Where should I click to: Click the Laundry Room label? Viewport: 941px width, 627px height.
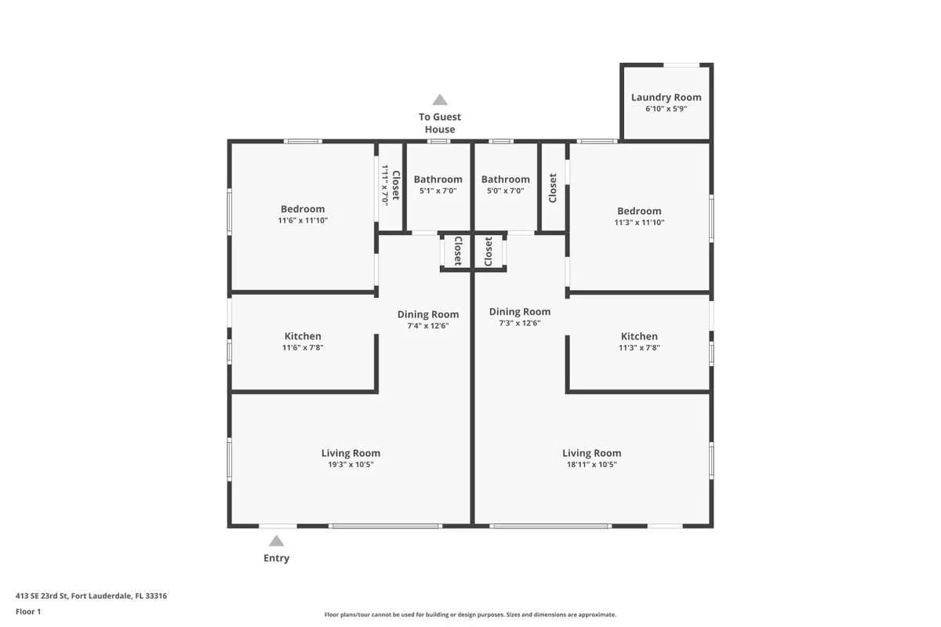coord(666,97)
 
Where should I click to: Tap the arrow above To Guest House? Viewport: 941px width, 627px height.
coord(440,100)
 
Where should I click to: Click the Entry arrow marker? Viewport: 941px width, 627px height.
coord(276,541)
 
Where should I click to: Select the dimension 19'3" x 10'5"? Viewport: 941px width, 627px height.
coord(351,464)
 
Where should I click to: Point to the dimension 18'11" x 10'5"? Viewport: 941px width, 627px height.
coord(591,464)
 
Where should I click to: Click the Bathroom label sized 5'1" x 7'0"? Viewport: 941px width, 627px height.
coord(438,179)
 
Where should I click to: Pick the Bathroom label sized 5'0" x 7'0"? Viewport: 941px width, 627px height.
coord(505,179)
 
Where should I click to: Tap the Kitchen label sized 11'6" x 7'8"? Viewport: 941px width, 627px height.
coord(303,336)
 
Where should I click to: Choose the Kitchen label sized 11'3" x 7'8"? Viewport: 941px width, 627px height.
coord(639,336)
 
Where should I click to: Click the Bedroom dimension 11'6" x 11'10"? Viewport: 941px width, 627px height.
coord(303,220)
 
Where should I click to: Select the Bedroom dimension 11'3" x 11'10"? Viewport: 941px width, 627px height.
coord(639,222)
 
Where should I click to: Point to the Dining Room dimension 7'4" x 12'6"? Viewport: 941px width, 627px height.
coord(428,325)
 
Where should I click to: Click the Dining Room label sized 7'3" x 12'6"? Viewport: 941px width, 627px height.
coord(520,312)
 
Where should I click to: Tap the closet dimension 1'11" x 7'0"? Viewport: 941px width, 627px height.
coord(385,185)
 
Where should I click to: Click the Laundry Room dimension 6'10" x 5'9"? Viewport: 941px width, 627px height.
coord(666,108)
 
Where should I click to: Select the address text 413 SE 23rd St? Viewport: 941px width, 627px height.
coord(42,596)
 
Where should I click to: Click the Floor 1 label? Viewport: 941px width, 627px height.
coord(28,611)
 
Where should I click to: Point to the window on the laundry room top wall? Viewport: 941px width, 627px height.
coord(681,65)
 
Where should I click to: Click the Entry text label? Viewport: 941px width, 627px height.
coord(276,558)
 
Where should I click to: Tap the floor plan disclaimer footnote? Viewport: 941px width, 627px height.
coord(470,614)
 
